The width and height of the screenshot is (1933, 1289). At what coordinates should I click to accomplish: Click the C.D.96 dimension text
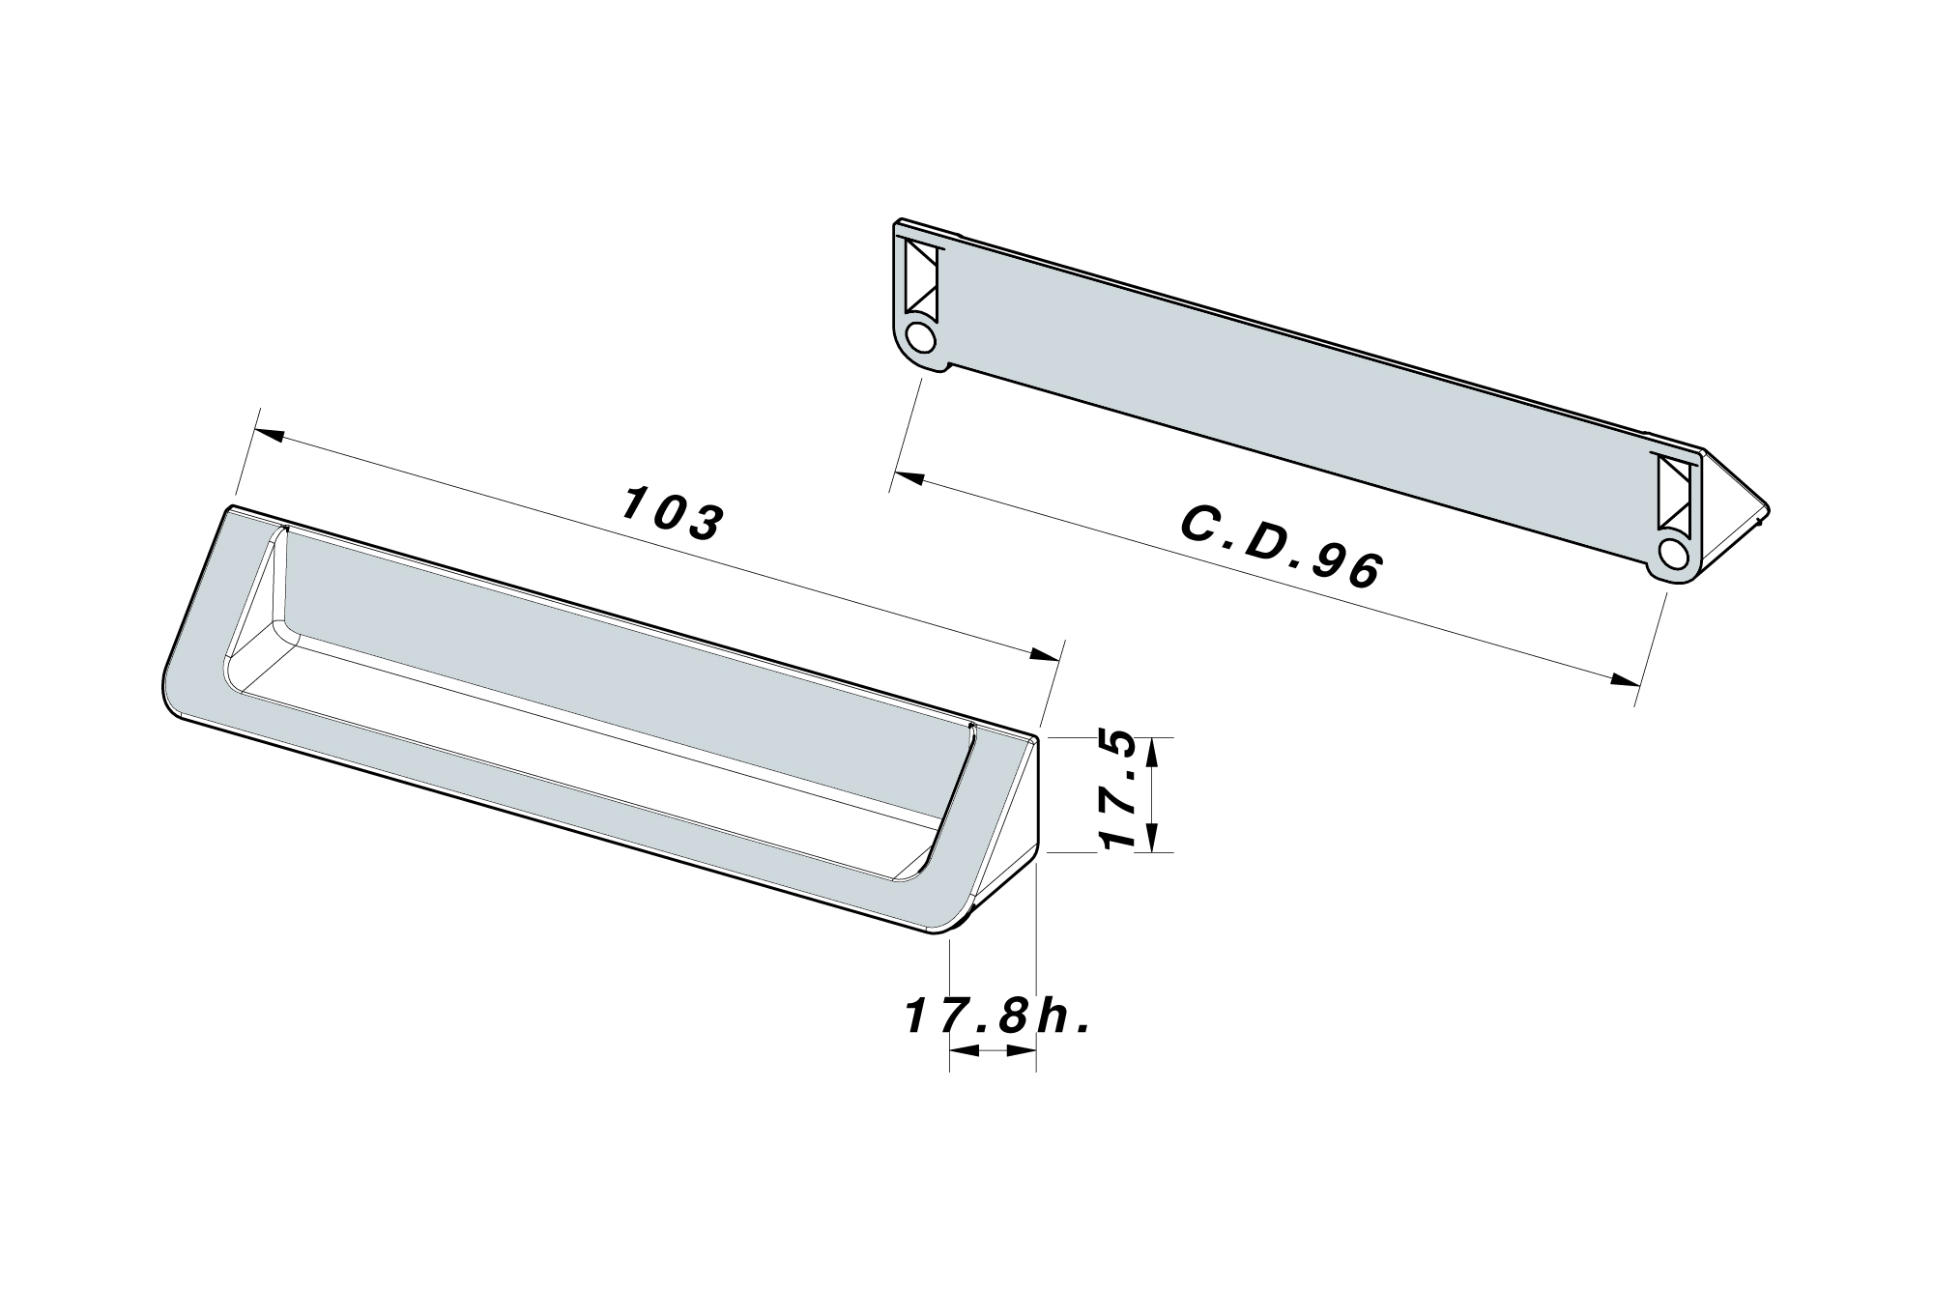click(x=1282, y=548)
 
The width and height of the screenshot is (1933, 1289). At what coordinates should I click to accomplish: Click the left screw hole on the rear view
click(x=922, y=339)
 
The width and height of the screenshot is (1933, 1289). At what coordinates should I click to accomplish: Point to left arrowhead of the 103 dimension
click(x=271, y=437)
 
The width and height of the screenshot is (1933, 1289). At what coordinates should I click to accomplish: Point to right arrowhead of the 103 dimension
click(x=1044, y=655)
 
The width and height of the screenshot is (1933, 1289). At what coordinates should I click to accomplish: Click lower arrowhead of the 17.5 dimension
click(x=1151, y=840)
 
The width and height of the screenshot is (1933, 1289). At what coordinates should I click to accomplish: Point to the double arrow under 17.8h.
click(x=993, y=1051)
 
